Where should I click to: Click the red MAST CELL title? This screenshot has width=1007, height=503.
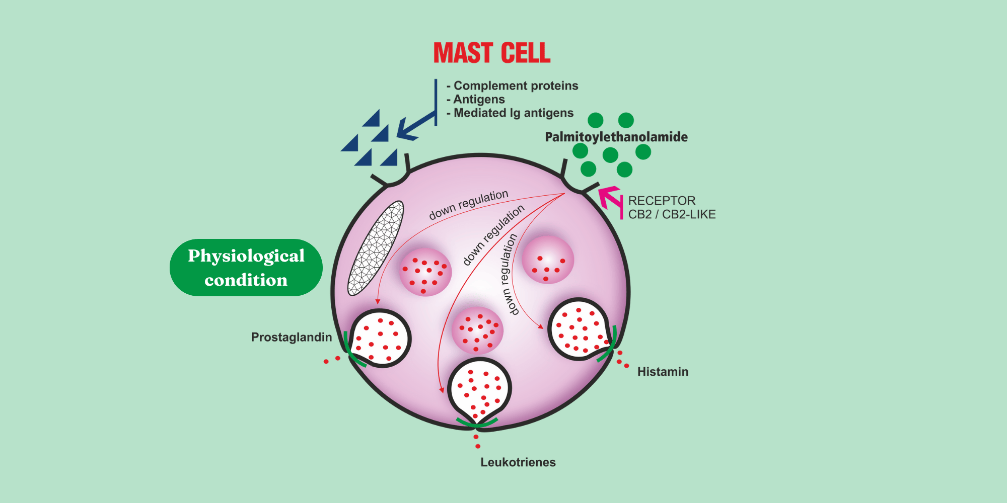pyautogui.click(x=492, y=53)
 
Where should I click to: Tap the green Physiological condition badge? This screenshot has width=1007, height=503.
pyautogui.click(x=246, y=268)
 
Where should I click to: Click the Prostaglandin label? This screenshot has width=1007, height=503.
pyautogui.click(x=292, y=337)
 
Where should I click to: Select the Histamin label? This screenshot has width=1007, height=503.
pyautogui.click(x=663, y=372)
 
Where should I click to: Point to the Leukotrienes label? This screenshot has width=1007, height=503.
pyautogui.click(x=518, y=462)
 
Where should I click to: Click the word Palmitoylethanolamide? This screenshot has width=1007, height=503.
pyautogui.click(x=616, y=137)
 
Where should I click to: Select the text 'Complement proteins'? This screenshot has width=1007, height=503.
pyautogui.click(x=516, y=86)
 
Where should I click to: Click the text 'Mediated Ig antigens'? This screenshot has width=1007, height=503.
pyautogui.click(x=514, y=113)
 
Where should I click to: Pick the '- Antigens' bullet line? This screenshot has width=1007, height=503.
pyautogui.click(x=476, y=99)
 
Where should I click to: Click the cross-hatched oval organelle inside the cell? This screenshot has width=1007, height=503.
pyautogui.click(x=376, y=248)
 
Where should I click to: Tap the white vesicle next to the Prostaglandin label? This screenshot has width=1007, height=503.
pyautogui.click(x=380, y=338)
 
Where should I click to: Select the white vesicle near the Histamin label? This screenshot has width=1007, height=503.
pyautogui.click(x=579, y=329)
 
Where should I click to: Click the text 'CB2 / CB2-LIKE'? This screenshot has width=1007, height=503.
pyautogui.click(x=672, y=214)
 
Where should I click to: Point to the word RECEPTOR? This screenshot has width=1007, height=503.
pyautogui.click(x=662, y=201)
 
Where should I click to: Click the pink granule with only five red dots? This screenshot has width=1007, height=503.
pyautogui.click(x=548, y=260)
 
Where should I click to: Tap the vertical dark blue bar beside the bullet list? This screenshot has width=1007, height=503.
pyautogui.click(x=436, y=102)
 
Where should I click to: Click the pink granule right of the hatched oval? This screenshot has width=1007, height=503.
pyautogui.click(x=425, y=272)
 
